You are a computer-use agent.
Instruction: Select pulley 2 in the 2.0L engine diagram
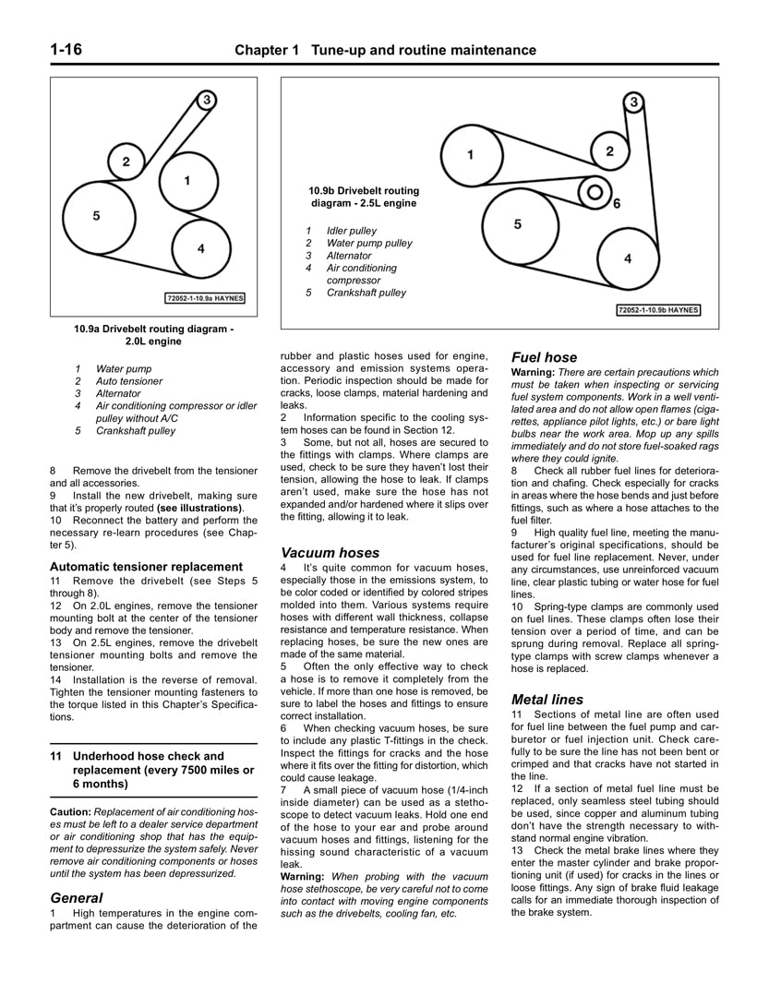tap(126, 162)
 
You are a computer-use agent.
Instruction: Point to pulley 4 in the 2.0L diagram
tap(200, 247)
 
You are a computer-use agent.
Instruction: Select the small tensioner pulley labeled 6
tap(596, 193)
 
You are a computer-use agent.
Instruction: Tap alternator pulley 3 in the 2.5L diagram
tap(633, 102)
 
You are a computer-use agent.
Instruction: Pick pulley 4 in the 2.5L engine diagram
tap(628, 258)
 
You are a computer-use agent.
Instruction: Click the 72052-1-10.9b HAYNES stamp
tap(658, 310)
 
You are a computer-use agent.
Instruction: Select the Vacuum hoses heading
tap(330, 553)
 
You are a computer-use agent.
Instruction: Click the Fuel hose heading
tap(544, 357)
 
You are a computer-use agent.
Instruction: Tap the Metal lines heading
tap(547, 700)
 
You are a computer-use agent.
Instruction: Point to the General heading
tap(76, 897)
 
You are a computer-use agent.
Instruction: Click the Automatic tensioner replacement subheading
tap(146, 567)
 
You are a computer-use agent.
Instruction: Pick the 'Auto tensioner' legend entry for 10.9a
tap(129, 381)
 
